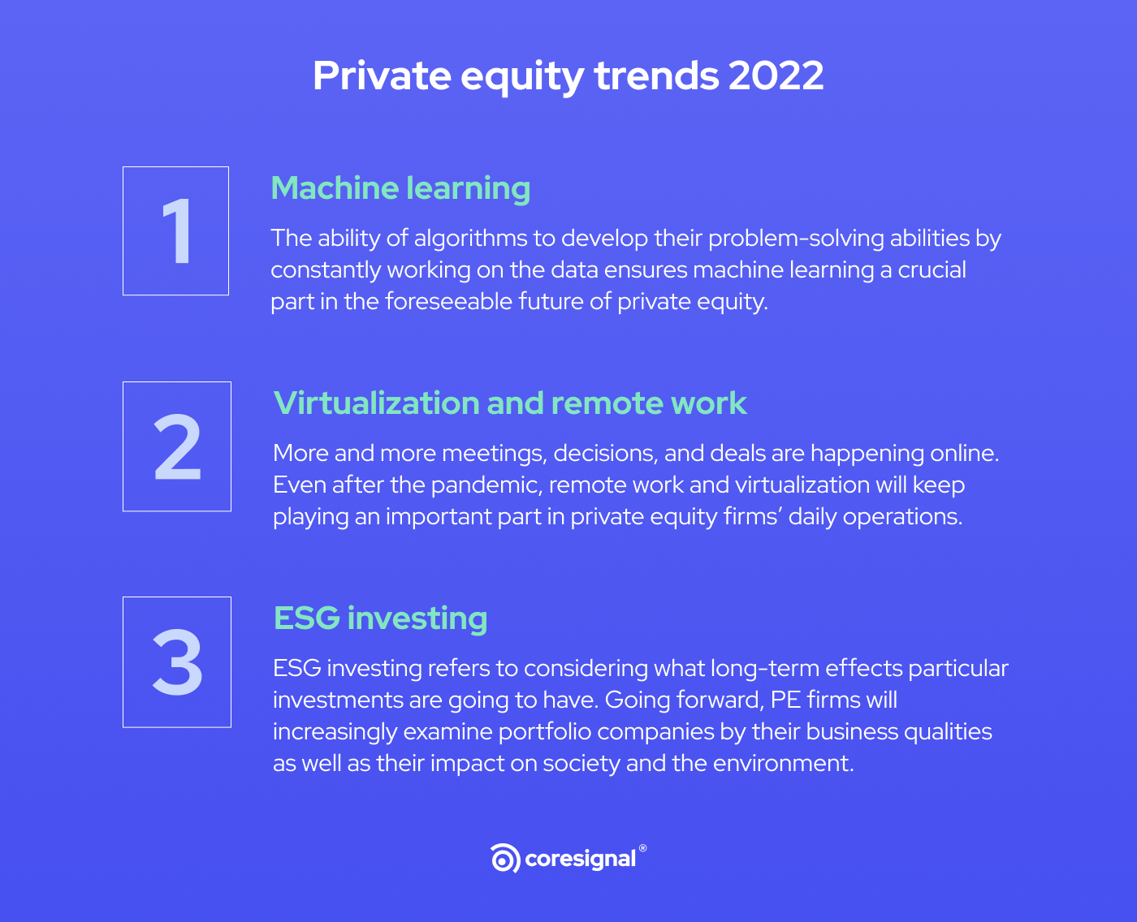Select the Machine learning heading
point(400,188)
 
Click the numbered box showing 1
point(175,231)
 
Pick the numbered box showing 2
point(177,446)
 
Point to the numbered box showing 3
point(177,662)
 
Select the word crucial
point(932,269)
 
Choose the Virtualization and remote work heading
point(510,403)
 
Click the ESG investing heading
point(380,618)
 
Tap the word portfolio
point(544,731)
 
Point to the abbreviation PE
point(785,700)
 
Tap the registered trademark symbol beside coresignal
point(643,848)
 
